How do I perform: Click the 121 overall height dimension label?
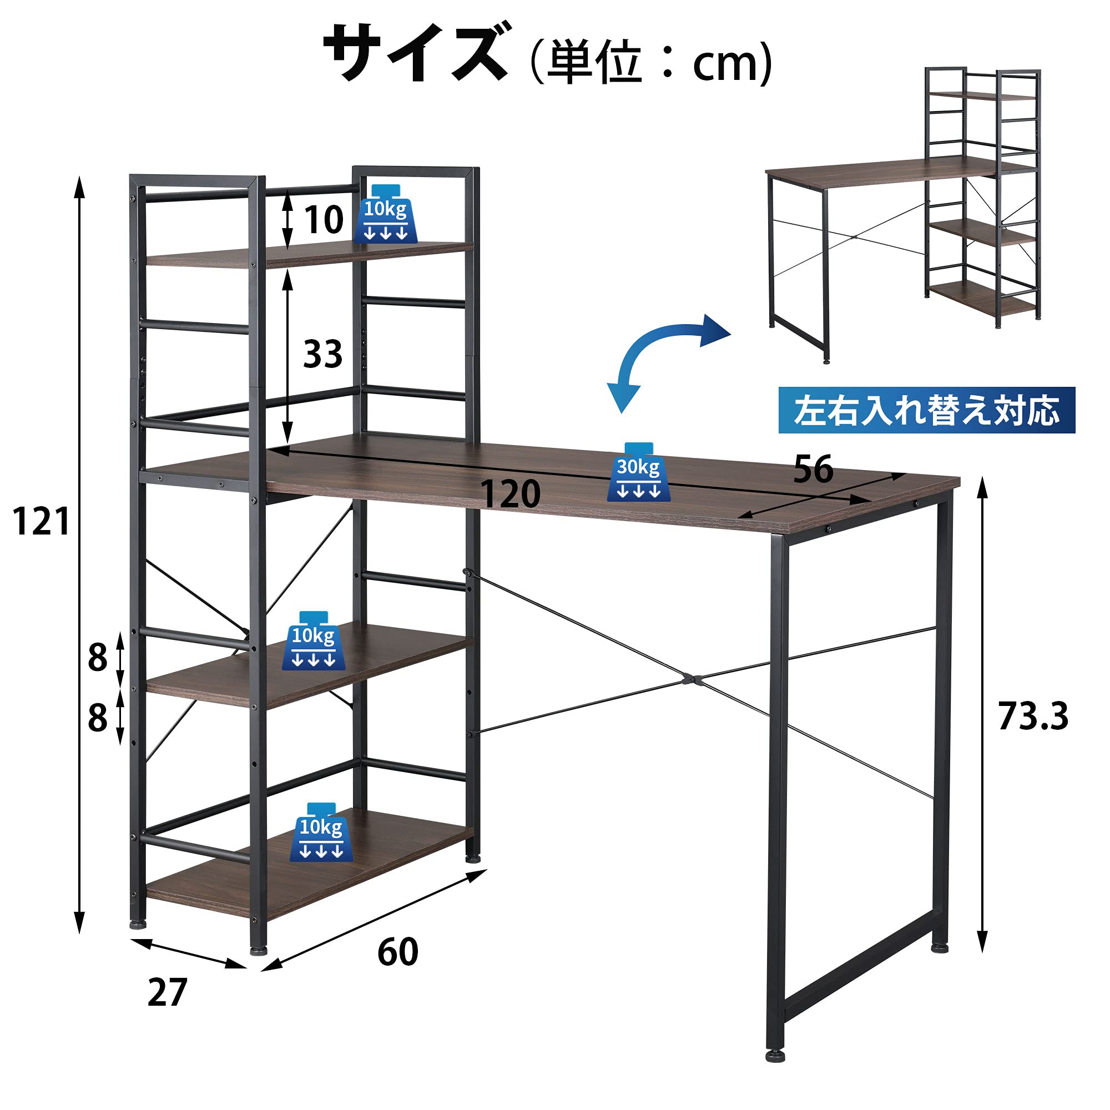click(41, 522)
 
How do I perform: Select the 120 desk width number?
click(509, 493)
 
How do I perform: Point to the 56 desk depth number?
click(813, 469)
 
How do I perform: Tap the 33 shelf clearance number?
click(322, 354)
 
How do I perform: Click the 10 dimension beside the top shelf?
click(324, 219)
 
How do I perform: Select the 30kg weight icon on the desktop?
click(638, 472)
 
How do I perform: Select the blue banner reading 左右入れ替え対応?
click(926, 410)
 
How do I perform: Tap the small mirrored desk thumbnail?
click(904, 213)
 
